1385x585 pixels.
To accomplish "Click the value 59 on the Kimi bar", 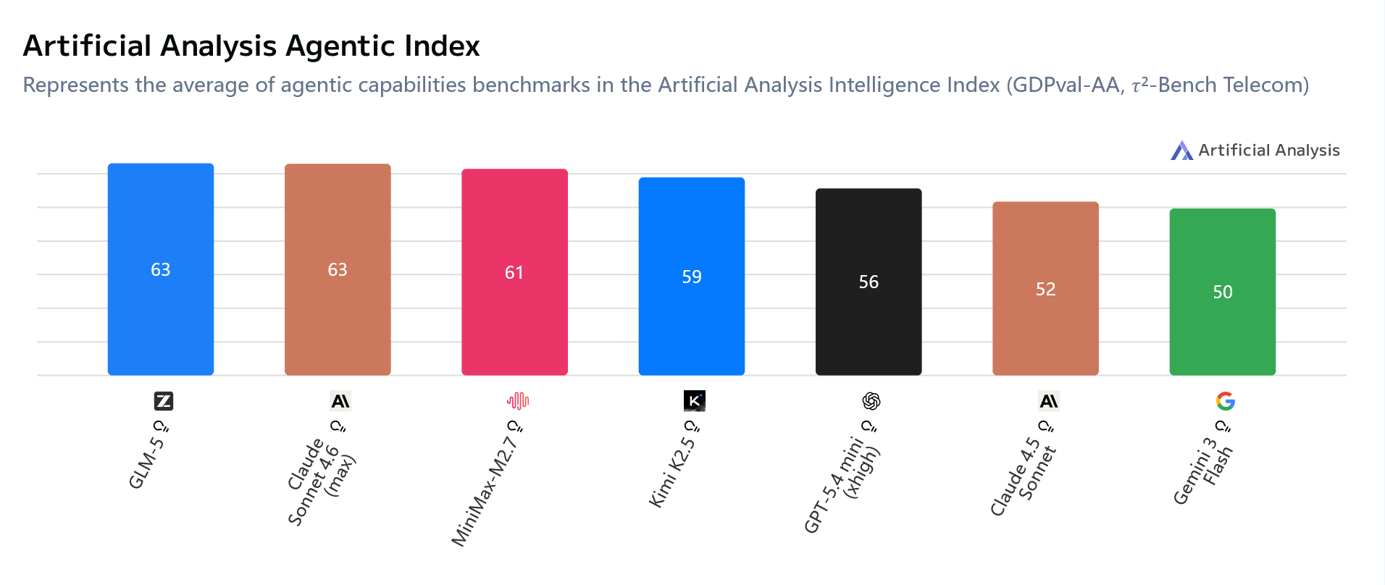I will pyautogui.click(x=692, y=277).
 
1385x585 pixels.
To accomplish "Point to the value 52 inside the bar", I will pyautogui.click(x=1045, y=289).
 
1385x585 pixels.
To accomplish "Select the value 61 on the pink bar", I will pyautogui.click(x=514, y=272).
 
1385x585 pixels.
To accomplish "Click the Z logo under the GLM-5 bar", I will pyautogui.click(x=164, y=401).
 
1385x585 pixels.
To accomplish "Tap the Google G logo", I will pyautogui.click(x=1225, y=401).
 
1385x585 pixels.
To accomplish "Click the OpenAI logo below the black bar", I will pyautogui.click(x=871, y=401).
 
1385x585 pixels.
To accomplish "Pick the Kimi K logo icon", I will pyautogui.click(x=694, y=400).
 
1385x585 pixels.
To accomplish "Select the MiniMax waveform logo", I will pyautogui.click(x=517, y=400).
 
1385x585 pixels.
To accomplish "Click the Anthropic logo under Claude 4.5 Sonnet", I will pyautogui.click(x=1048, y=401).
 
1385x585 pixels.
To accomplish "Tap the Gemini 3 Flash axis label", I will pyautogui.click(x=1202, y=471).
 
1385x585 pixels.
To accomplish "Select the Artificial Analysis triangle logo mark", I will pyautogui.click(x=1181, y=151).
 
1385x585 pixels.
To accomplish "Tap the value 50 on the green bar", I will pyautogui.click(x=1222, y=292).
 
